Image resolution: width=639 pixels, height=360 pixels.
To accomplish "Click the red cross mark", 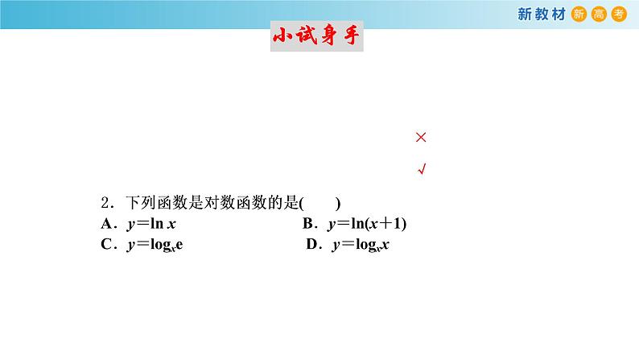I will click(x=420, y=138).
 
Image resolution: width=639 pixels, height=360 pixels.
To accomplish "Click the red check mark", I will click(x=421, y=169).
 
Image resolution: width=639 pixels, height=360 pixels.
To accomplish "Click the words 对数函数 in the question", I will click(x=219, y=203).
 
